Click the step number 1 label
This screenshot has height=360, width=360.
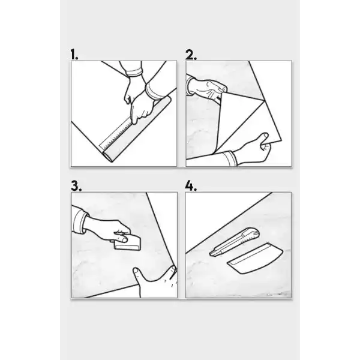point(74,55)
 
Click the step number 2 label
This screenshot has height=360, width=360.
point(191,55)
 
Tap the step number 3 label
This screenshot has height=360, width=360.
point(76,186)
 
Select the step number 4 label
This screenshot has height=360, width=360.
point(191,186)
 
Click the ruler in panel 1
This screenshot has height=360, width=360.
point(116,135)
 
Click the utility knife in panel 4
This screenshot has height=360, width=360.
point(235,242)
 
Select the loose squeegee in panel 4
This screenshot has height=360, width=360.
point(255,258)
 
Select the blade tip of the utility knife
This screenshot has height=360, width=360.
point(211,254)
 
